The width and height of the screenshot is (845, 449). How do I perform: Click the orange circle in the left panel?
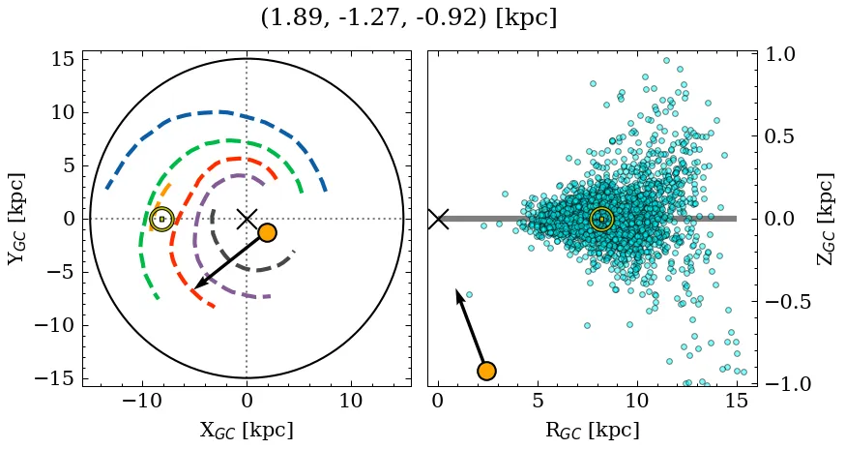(x=267, y=232)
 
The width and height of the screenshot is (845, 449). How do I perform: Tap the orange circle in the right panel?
(x=486, y=371)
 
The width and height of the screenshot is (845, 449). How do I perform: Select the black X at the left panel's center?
(x=247, y=219)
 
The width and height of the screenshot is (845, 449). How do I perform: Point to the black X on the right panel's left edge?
(x=438, y=219)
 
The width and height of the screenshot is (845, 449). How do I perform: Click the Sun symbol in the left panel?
(x=161, y=219)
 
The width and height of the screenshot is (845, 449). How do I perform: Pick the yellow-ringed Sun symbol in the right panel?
(x=601, y=219)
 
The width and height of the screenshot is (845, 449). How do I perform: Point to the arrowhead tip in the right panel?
(x=456, y=289)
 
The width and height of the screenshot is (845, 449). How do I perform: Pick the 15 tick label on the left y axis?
(x=62, y=59)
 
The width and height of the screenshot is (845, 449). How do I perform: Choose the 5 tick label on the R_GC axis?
(x=538, y=401)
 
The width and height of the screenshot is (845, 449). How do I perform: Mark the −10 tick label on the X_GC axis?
(x=142, y=401)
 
